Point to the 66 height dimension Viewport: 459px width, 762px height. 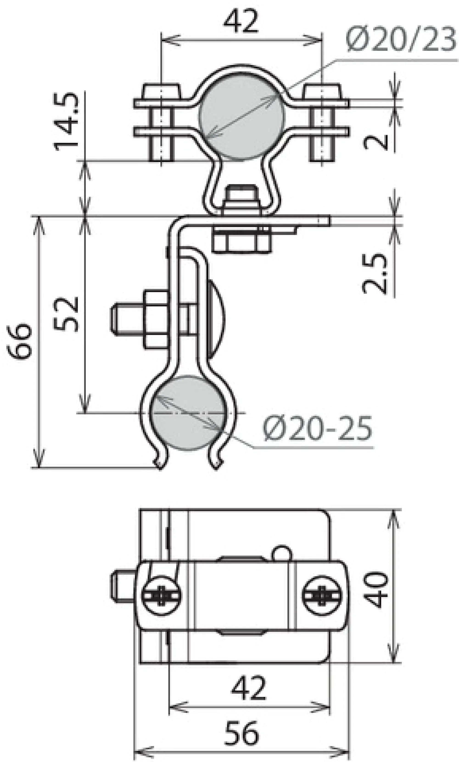coord(20,341)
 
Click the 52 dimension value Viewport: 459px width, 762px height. coord(66,314)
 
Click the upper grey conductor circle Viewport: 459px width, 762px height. coord(242,117)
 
